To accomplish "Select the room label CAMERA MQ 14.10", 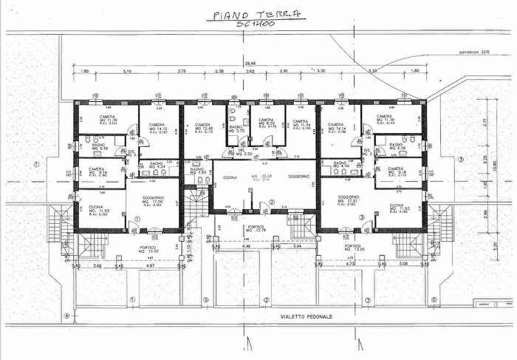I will (x=157, y=129).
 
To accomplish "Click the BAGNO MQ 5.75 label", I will (x=236, y=129).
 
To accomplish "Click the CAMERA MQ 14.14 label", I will (x=337, y=129).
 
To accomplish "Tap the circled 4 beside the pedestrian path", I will (x=66, y=316).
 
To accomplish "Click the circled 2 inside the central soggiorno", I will (x=271, y=202).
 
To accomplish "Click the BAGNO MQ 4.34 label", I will (x=157, y=166).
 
